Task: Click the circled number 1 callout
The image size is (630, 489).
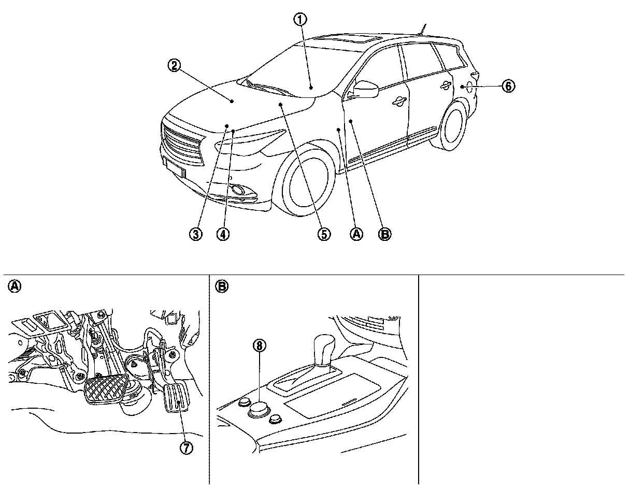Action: coord(300,20)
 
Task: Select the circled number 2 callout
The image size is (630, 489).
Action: coord(174,65)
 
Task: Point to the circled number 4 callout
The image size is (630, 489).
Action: coord(223,234)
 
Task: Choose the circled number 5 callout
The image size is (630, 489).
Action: coord(324,234)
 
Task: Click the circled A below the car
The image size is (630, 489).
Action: coord(356,234)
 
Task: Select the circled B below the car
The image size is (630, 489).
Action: coord(384,234)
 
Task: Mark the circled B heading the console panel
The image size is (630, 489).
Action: coord(222,286)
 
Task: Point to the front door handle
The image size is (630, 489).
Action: coord(399,102)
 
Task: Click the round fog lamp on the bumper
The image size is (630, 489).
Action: coord(239,191)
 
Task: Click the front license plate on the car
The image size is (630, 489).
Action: coord(175,167)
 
